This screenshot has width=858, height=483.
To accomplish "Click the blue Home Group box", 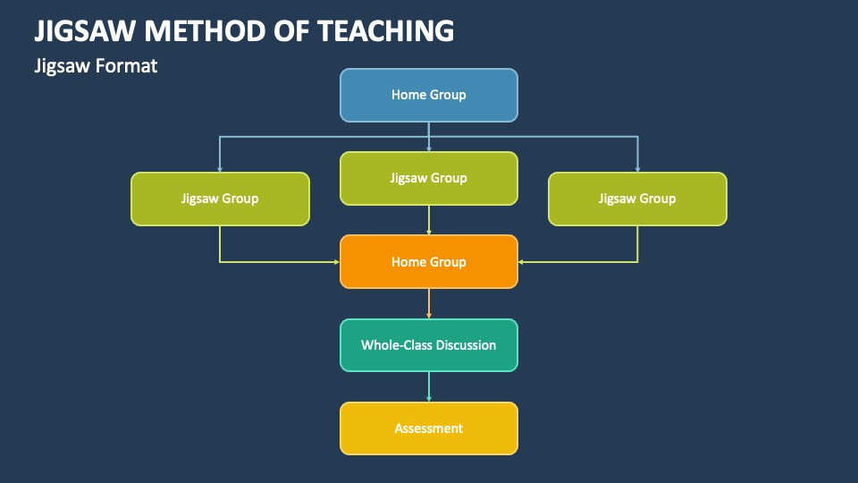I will click(x=429, y=95).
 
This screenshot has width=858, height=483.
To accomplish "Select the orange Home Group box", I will click(x=429, y=262).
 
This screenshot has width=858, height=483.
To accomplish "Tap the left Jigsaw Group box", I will click(x=220, y=199).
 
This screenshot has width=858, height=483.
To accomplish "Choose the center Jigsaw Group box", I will click(x=429, y=178).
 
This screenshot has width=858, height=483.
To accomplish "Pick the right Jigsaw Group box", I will click(x=637, y=199).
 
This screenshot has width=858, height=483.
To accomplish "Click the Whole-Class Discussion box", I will click(x=429, y=345).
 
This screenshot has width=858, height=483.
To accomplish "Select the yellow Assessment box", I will click(x=429, y=428).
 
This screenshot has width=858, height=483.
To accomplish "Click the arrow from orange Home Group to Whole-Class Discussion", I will click(x=429, y=303).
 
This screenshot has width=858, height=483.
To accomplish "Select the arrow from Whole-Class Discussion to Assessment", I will click(x=429, y=386).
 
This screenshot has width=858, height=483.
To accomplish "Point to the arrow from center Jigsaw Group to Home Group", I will click(x=429, y=220).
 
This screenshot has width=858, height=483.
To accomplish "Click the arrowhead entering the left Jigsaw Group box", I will click(x=220, y=168).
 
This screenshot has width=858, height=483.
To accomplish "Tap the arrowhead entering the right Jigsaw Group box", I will click(x=637, y=168).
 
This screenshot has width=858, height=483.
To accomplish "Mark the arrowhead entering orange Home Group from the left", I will click(x=336, y=262).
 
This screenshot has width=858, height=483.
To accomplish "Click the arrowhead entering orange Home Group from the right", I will click(x=522, y=262).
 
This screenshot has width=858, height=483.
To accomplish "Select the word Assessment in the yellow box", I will click(x=429, y=428).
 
